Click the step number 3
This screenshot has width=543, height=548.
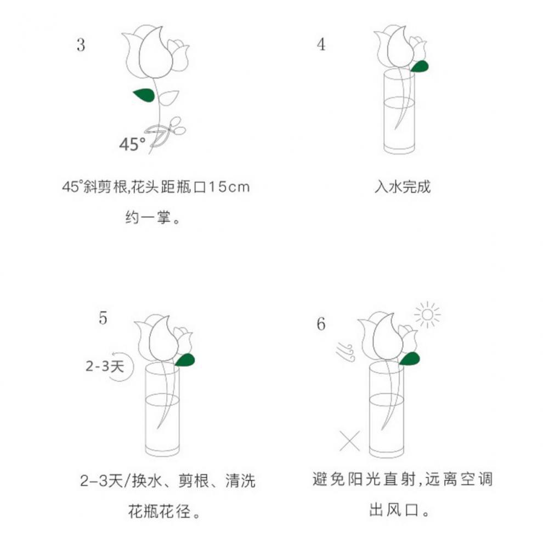[x=81, y=45]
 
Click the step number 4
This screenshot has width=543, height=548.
[x=321, y=44]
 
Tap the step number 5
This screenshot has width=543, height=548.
[x=103, y=318]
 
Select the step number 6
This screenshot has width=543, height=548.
[x=321, y=324]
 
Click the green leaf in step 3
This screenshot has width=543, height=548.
[x=144, y=95]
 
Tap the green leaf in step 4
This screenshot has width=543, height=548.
[x=420, y=66]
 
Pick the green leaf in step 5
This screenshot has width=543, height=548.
[x=185, y=360]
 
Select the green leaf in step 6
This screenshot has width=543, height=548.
[x=409, y=359]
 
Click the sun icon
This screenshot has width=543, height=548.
[x=427, y=315]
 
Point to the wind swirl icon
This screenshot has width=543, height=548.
[x=346, y=352]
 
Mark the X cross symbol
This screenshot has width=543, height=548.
[x=349, y=441]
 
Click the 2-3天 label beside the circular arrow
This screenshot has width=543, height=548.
[x=105, y=366]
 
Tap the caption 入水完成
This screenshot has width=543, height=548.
[x=403, y=187]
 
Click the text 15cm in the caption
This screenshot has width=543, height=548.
[x=229, y=187]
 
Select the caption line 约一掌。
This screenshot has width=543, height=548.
[x=152, y=218]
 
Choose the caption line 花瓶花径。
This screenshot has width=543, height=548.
[x=164, y=511]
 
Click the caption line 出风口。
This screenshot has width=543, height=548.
[x=399, y=510]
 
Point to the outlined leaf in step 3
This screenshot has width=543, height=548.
[x=168, y=98]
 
